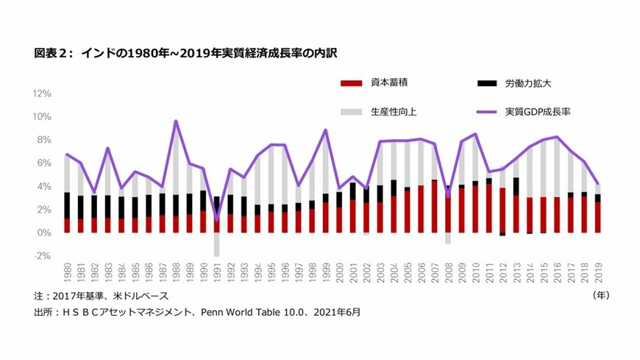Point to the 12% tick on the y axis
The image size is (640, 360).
point(40,93)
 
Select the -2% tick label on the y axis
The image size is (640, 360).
point(41,255)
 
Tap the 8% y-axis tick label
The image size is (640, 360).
point(43,140)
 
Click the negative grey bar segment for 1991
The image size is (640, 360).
point(217,244)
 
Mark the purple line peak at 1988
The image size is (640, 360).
point(176,121)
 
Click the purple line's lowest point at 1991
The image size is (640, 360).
point(217,219)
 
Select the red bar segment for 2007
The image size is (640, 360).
point(434,207)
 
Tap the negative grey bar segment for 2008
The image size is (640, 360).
point(447,239)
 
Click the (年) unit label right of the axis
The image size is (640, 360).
point(601,294)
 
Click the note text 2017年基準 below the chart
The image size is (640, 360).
point(77,296)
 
